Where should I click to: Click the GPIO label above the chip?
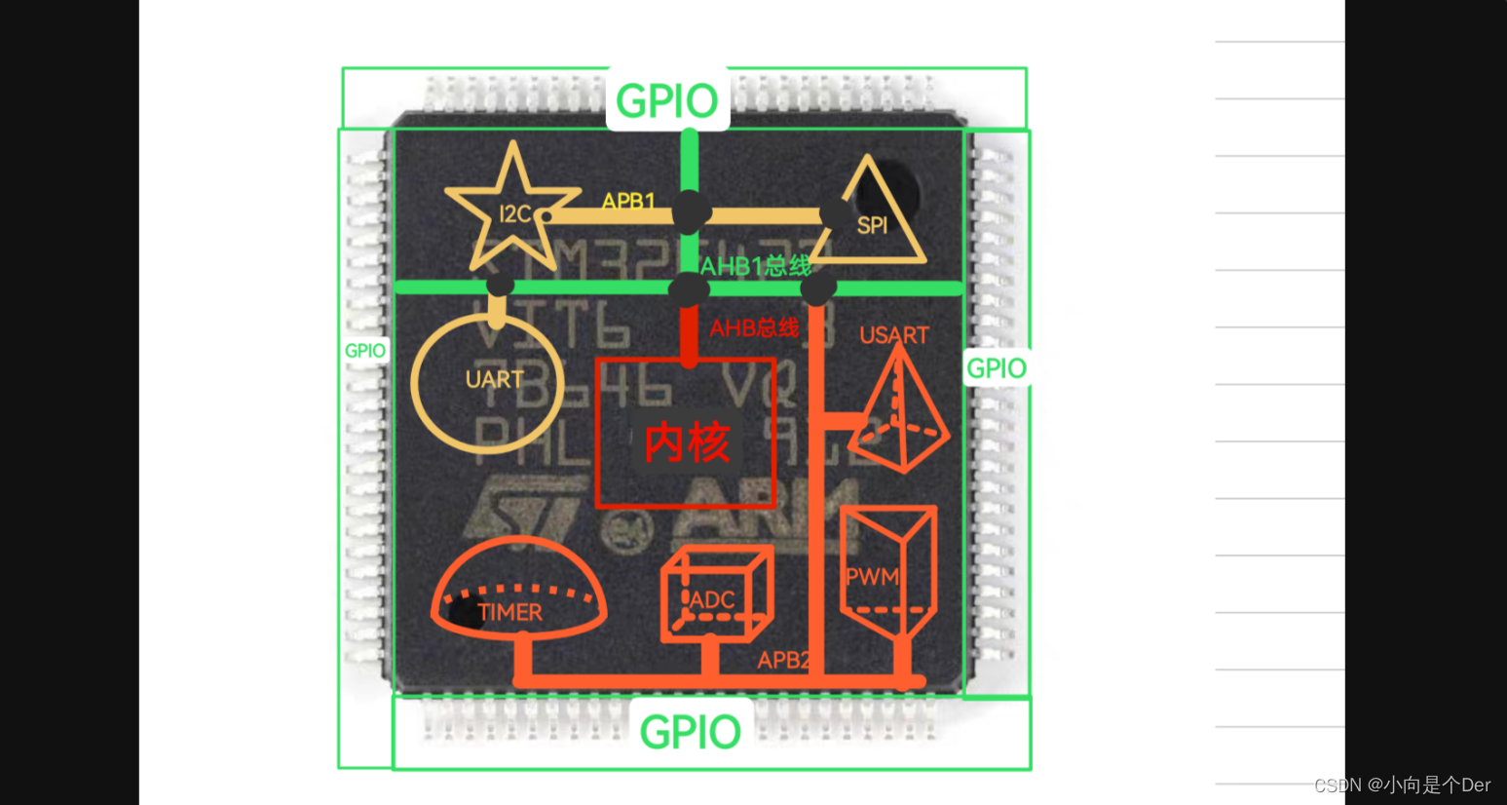tap(667, 100)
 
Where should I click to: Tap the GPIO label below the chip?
tap(691, 732)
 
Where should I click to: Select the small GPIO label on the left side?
tap(365, 351)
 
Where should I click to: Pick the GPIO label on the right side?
tap(996, 368)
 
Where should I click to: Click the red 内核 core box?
tap(686, 435)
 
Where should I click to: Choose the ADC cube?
tap(715, 594)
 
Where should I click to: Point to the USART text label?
tap(893, 336)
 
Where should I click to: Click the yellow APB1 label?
tap(628, 202)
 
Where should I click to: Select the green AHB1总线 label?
tap(756, 266)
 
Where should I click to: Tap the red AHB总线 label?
tap(754, 328)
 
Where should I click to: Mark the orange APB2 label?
tap(783, 660)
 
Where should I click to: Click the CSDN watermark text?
tap(1402, 785)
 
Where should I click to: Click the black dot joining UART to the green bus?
tap(500, 285)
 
